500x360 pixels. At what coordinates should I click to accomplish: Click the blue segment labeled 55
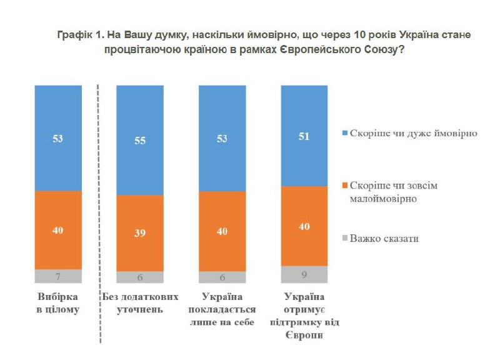coord(140,140)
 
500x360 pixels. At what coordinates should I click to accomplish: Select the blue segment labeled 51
coord(304,136)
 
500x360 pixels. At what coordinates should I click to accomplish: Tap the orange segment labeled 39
coord(140,232)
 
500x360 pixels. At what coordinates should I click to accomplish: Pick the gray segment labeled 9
coord(304,274)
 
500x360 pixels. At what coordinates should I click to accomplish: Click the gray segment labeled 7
coord(58,276)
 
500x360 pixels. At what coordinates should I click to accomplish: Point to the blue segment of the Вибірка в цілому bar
coord(58,138)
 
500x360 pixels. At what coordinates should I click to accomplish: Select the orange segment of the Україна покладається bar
coord(222,231)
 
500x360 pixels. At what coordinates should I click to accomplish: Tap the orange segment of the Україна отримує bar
coord(304,226)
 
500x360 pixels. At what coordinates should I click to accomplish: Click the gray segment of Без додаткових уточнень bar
coord(140,277)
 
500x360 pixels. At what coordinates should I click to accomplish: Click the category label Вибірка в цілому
coord(58,302)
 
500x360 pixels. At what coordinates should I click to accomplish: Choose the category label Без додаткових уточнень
coord(140,302)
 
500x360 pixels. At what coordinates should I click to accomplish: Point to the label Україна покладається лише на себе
coord(222,309)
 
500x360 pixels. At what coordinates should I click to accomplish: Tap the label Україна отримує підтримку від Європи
coord(304,315)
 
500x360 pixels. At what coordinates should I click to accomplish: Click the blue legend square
coord(344,134)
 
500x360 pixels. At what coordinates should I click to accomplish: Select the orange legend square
coord(344,186)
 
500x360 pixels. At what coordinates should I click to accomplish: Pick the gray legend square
coord(344,238)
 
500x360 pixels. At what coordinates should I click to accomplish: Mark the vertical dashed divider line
coord(100,212)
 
